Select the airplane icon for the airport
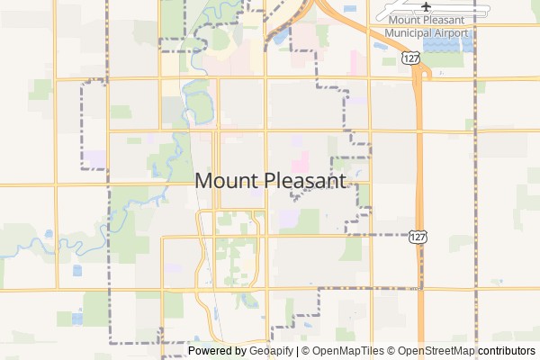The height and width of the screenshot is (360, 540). pyautogui.click(x=427, y=10)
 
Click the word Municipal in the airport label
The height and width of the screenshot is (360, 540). pyautogui.click(x=413, y=33)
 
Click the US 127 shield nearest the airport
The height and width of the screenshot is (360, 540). pyautogui.click(x=411, y=58)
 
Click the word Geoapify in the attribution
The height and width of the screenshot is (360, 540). pyautogui.click(x=271, y=351)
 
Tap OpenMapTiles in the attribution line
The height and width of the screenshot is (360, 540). pyautogui.click(x=350, y=351)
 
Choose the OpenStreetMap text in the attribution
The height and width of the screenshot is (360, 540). pyautogui.click(x=436, y=351)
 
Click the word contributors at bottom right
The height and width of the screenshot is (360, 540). pyautogui.click(x=507, y=351)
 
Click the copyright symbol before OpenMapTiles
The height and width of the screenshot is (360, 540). pyautogui.click(x=305, y=351)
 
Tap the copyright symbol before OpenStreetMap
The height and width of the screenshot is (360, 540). pyautogui.click(x=391, y=351)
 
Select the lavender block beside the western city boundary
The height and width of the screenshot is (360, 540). pyautogui.click(x=94, y=158)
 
